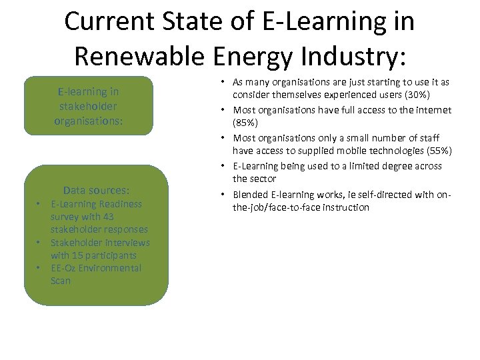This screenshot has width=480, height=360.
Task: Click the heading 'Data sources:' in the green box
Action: point(96,190)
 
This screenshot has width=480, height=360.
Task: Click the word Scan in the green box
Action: point(61,281)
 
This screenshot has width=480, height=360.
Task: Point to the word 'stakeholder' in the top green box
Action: point(87,105)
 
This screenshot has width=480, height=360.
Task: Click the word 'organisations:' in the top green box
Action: point(87,120)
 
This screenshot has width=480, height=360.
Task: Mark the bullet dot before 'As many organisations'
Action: point(221,81)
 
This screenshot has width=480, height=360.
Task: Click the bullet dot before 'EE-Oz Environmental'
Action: point(40,268)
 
